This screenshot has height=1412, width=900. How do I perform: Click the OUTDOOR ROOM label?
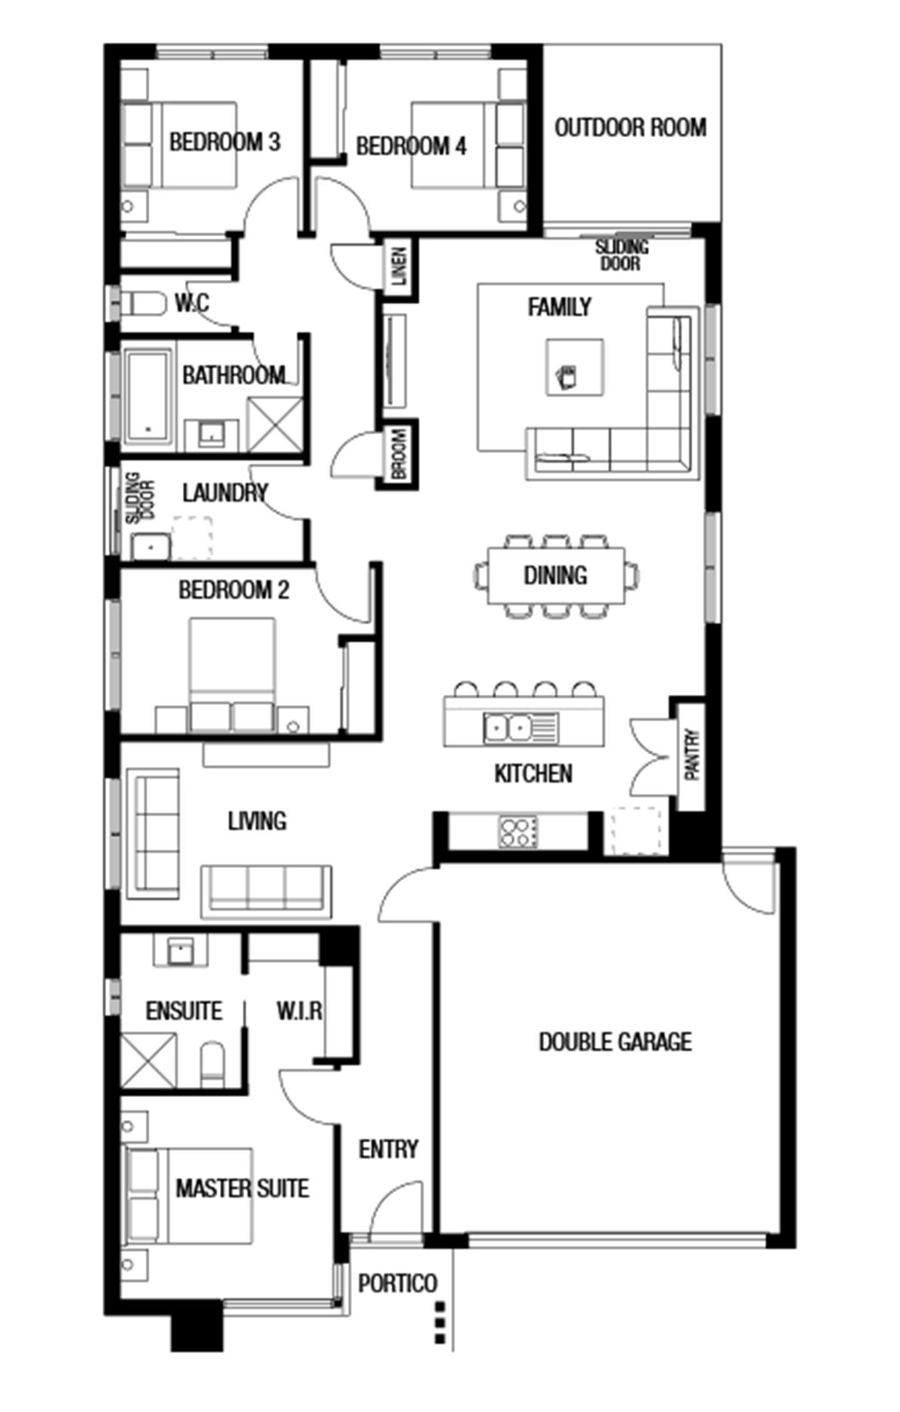630,128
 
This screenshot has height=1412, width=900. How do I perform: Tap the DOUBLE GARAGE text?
615,1041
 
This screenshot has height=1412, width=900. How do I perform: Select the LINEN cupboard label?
399,266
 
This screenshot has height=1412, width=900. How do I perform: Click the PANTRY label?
691,754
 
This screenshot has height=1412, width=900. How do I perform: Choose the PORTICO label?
397,1284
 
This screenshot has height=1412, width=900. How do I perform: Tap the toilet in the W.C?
144,304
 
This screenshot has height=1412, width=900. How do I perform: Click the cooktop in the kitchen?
517,831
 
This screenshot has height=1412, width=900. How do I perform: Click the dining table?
556,575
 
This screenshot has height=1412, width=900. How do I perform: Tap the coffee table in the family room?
574,367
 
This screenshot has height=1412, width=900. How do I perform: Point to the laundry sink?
151,547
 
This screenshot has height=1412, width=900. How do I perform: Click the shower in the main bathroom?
275,424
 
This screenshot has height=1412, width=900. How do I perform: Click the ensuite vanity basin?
181,951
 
